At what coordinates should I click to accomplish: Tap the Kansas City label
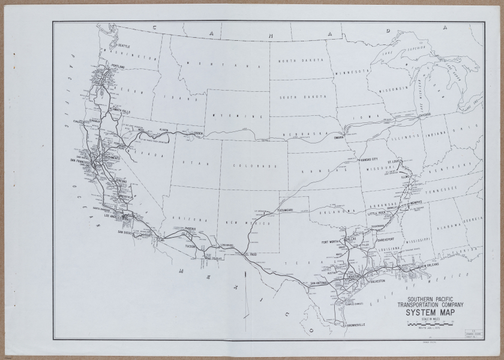click(x=370, y=160)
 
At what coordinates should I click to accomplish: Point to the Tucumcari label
click(x=280, y=210)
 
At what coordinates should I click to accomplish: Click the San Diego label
click(x=127, y=232)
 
